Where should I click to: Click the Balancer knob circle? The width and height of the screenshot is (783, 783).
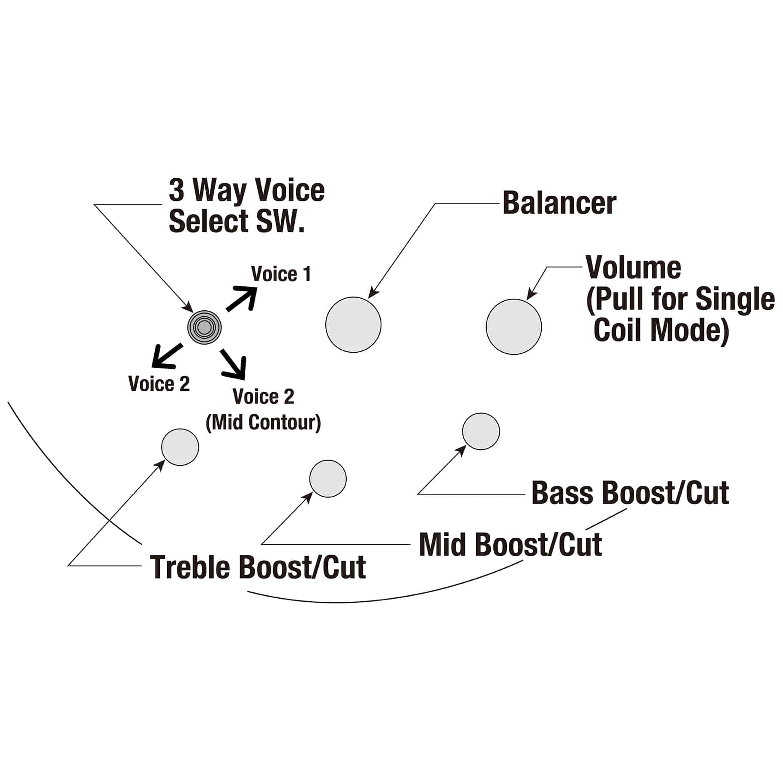[353, 324]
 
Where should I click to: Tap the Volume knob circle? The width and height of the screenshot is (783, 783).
[514, 327]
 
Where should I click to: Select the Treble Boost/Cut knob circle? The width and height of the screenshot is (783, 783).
[180, 447]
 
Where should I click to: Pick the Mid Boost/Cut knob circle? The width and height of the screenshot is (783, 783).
[328, 479]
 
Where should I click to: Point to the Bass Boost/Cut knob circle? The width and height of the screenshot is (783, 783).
[481, 431]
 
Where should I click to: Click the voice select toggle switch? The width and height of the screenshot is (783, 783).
[204, 327]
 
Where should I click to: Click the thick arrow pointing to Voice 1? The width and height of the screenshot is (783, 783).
[242, 298]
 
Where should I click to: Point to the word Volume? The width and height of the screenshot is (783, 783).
[633, 267]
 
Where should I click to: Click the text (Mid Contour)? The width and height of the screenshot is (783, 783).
[263, 423]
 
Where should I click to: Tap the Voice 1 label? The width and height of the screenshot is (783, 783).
[281, 274]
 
